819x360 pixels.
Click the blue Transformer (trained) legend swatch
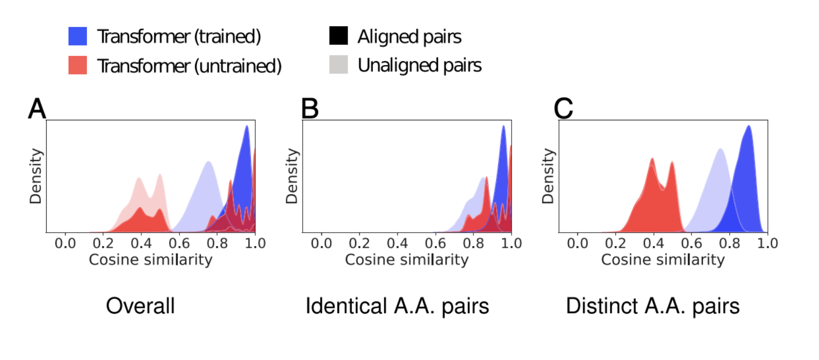[77, 37]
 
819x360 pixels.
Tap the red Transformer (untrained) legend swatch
[77, 65]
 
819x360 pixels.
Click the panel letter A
[37, 109]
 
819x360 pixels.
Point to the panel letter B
[310, 109]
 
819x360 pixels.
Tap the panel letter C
[564, 109]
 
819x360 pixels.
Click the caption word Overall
[140, 307]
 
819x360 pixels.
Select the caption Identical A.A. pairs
[397, 307]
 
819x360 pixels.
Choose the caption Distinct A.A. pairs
[652, 307]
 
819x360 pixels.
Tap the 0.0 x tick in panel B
[321, 243]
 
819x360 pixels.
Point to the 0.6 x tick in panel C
[692, 243]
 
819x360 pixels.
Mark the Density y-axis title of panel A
[35, 176]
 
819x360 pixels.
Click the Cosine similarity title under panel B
[406, 260]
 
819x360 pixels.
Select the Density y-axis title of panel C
[548, 176]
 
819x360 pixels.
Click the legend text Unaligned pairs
[419, 65]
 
